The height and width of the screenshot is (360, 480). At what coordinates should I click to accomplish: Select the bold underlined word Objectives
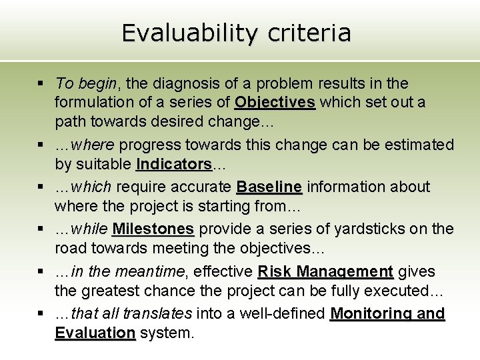[275, 102]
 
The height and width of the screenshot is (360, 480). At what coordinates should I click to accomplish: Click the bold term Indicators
[173, 163]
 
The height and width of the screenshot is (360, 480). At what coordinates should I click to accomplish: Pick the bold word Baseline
[269, 187]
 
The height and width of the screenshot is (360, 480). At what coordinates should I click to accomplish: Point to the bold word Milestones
[153, 229]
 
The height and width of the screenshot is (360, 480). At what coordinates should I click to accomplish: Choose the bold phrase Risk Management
[325, 271]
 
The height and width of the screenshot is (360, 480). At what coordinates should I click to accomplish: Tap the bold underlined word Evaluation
[95, 333]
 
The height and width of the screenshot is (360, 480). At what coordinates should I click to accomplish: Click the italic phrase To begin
[86, 83]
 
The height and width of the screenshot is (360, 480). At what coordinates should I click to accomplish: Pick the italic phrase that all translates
[131, 313]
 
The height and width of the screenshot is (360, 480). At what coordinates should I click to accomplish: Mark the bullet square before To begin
[41, 84]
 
